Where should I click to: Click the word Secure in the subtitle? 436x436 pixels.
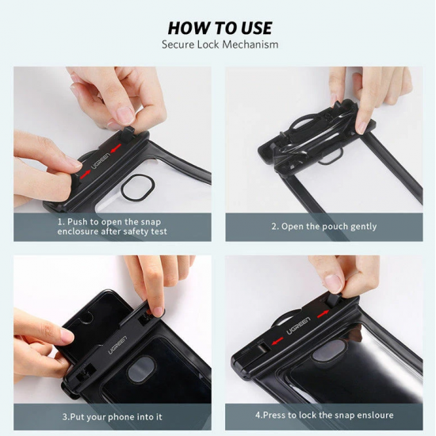178,45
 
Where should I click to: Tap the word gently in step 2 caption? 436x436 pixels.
361,227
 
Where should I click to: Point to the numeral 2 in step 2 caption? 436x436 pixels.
274,227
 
